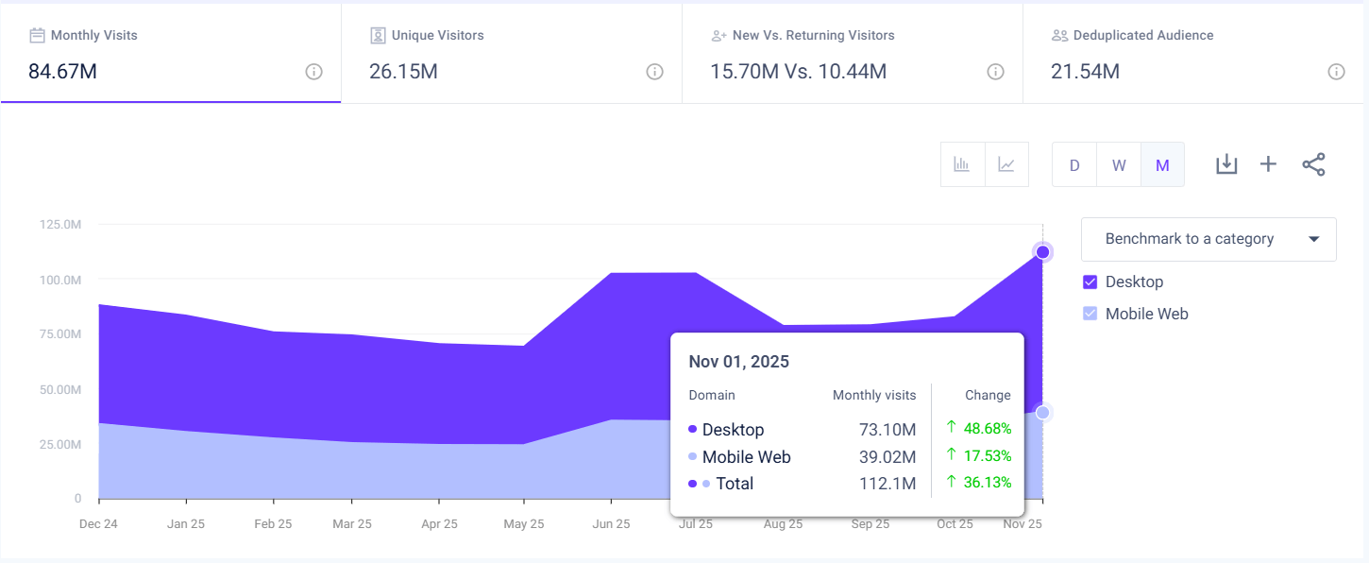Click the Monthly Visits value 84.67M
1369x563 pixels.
(x=62, y=72)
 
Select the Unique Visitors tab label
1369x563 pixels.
(x=437, y=35)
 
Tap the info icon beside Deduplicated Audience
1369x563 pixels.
(x=1336, y=72)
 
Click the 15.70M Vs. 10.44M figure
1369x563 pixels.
(x=798, y=72)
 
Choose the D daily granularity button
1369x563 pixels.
(x=1074, y=165)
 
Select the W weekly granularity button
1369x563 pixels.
(x=1119, y=165)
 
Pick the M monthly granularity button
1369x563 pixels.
(x=1162, y=165)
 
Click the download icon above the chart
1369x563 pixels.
(x=1225, y=164)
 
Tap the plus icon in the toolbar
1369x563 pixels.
(x=1268, y=164)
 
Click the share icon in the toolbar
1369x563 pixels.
(x=1313, y=164)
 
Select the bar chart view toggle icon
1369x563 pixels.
(x=962, y=165)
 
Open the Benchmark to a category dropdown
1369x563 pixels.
(x=1208, y=239)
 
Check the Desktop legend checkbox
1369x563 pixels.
(x=1090, y=281)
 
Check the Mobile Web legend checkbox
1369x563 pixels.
(x=1090, y=314)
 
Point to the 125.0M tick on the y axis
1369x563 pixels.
(x=60, y=224)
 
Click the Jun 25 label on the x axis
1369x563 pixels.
(x=611, y=523)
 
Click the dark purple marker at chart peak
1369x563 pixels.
(x=1042, y=251)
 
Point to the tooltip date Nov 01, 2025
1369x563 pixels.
(x=738, y=362)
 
